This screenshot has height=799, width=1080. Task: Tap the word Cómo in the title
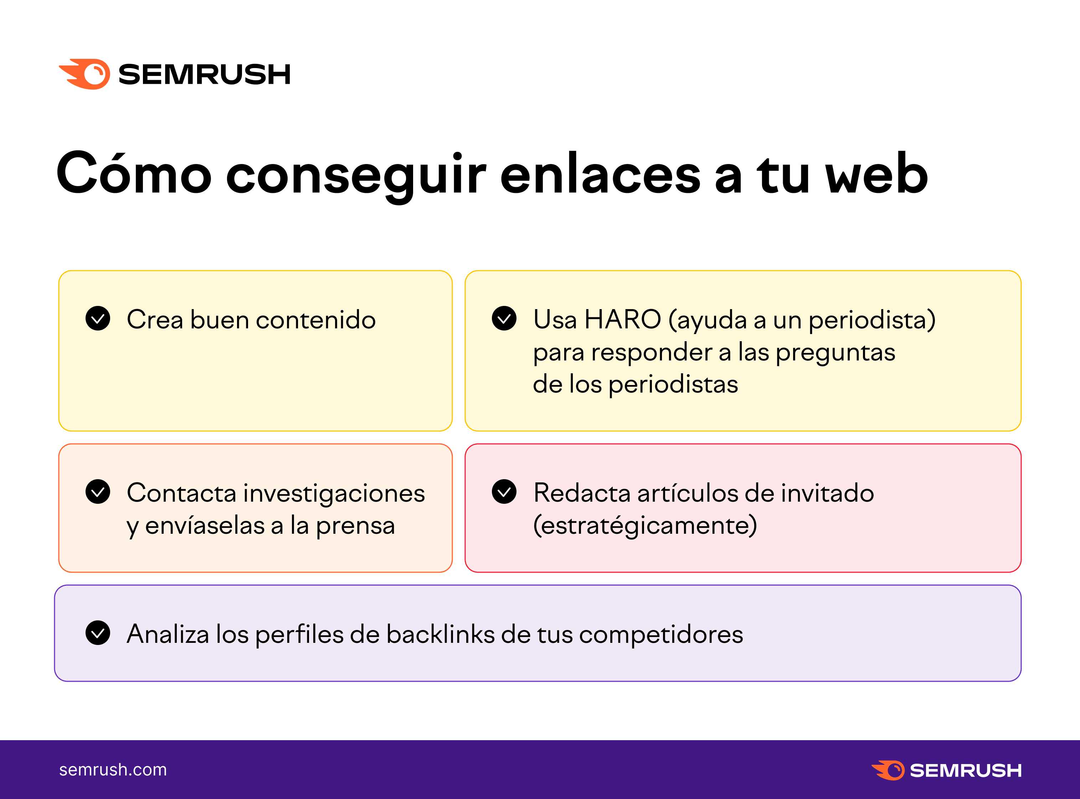pos(134,173)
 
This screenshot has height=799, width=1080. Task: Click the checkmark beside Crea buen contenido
pos(98,318)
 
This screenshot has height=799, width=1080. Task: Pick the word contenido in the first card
pos(316,320)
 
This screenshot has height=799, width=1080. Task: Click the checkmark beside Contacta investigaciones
pos(98,491)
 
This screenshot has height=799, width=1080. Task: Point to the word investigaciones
pos(334,493)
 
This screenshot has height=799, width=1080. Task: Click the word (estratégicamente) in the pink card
pos(645,526)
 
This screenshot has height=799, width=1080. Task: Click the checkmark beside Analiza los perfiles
pos(98,632)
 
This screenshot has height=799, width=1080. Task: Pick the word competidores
pos(661,635)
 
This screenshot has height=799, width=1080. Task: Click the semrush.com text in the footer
pos(113,769)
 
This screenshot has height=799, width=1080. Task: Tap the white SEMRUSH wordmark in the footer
pos(966,770)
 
